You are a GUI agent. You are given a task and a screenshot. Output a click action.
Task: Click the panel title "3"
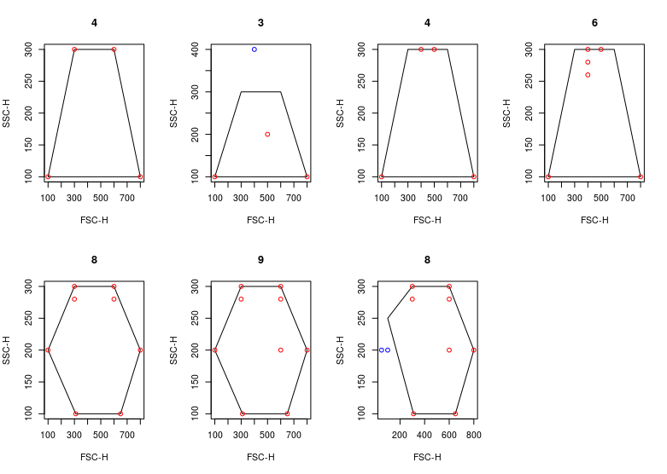(x=260, y=22)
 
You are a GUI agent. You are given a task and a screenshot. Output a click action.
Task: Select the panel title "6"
(x=594, y=22)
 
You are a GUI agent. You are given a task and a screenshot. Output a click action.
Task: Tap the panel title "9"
(x=260, y=259)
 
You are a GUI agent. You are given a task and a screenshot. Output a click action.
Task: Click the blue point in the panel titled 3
(x=255, y=49)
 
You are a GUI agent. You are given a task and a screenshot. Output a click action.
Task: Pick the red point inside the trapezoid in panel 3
(x=267, y=135)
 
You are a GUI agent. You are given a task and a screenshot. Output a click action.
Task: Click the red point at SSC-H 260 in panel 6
(x=588, y=75)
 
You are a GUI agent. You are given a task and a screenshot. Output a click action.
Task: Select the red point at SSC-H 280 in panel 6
(x=588, y=62)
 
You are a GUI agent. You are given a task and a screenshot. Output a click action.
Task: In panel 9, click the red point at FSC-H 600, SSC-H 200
(x=280, y=350)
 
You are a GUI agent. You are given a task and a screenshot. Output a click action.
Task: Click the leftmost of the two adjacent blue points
(x=381, y=350)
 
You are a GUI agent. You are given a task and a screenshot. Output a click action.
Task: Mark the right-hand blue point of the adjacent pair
(x=388, y=350)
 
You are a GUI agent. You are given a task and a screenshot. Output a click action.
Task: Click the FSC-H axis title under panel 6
(x=594, y=220)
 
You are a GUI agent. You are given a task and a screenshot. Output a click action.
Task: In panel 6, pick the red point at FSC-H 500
(x=601, y=49)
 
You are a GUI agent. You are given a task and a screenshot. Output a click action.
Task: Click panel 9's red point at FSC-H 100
(x=214, y=350)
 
